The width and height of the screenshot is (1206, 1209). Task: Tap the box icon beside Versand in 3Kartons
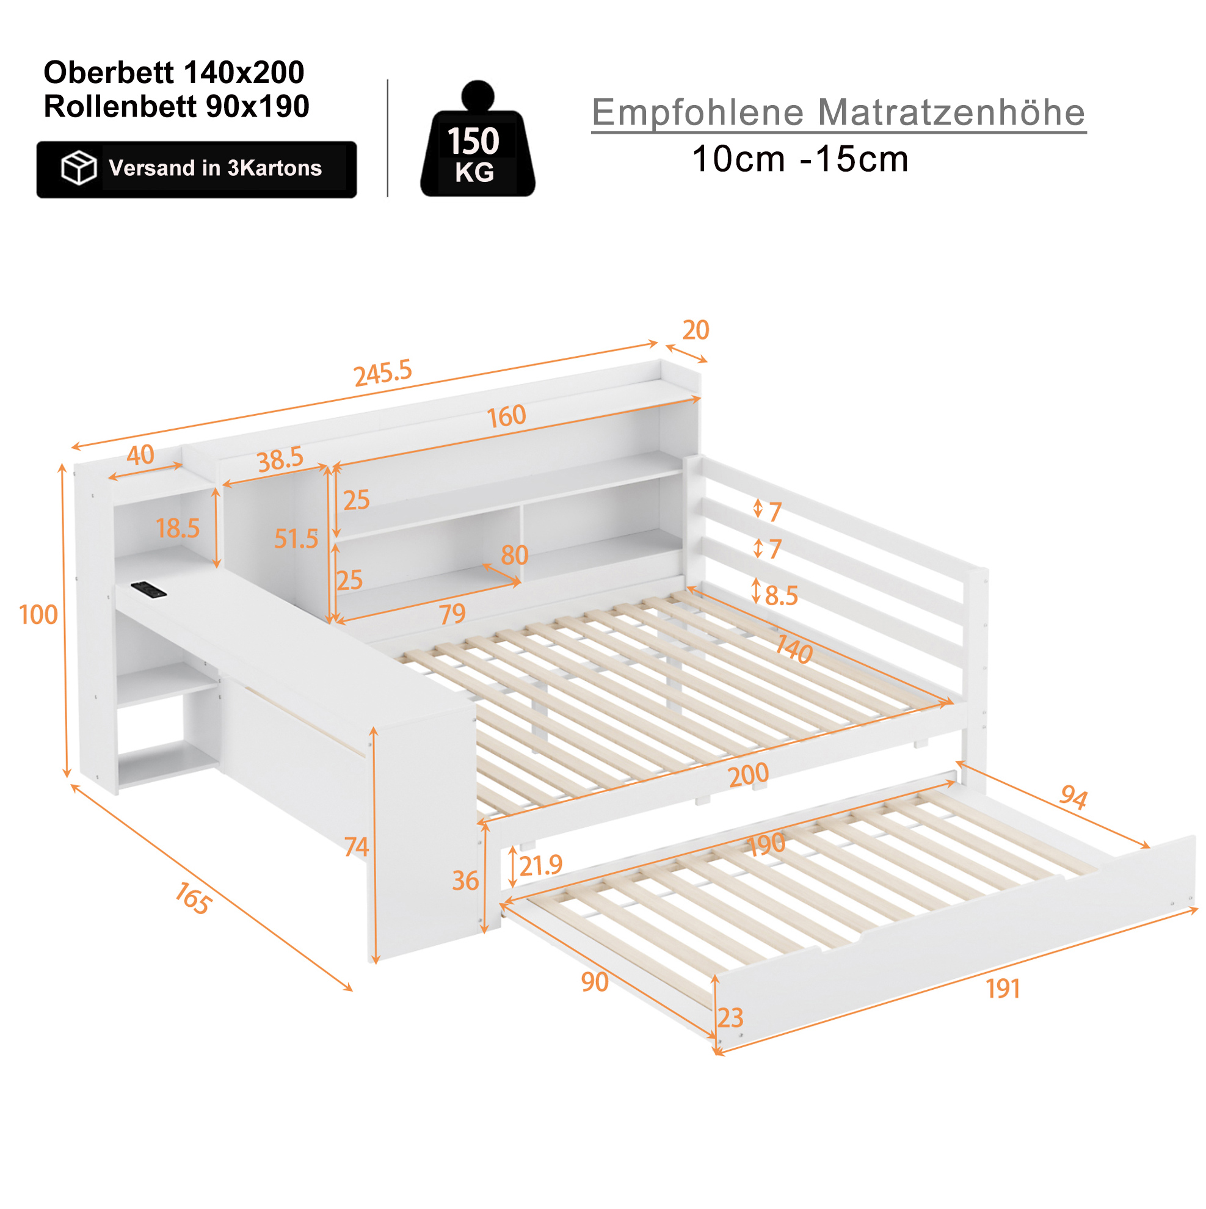click(78, 168)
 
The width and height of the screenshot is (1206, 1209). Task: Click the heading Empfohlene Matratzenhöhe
click(838, 113)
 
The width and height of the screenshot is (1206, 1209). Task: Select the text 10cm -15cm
click(800, 159)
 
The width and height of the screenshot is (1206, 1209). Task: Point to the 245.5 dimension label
click(383, 373)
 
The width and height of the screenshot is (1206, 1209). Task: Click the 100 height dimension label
click(38, 615)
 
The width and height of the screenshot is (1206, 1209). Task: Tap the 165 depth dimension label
click(193, 899)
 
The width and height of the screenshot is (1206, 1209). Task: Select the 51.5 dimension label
click(296, 539)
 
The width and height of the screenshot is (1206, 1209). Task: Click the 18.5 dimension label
click(178, 529)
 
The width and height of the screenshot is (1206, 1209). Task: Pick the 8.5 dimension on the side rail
click(781, 597)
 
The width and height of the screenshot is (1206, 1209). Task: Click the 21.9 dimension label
click(541, 866)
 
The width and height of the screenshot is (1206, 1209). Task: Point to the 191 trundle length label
click(1003, 989)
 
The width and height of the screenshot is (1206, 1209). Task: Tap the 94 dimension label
click(1073, 798)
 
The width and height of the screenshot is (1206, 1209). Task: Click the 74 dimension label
click(356, 848)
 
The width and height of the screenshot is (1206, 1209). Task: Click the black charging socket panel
click(148, 589)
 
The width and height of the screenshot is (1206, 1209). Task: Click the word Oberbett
click(109, 73)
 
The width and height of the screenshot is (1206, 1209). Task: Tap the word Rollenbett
click(120, 107)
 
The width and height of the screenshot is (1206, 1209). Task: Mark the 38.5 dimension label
click(280, 459)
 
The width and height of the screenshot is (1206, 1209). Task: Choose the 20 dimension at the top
click(696, 330)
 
